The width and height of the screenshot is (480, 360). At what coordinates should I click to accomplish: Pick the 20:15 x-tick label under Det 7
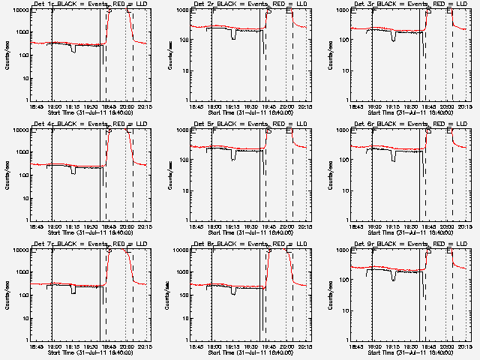point(146,347)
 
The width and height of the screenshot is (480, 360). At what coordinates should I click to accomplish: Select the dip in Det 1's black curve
point(73,49)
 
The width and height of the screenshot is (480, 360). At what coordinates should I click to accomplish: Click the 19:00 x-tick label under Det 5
point(214,227)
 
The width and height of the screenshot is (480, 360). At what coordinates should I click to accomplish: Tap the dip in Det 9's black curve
point(394,276)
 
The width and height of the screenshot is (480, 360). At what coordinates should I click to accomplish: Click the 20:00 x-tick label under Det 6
point(448,227)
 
